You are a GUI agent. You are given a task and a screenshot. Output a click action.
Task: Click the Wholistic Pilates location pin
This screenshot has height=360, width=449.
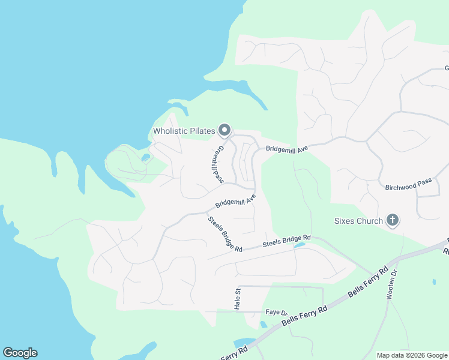pyautogui.click(x=224, y=130)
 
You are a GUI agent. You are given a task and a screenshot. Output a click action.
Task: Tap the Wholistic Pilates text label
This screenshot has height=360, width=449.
pyautogui.click(x=184, y=131)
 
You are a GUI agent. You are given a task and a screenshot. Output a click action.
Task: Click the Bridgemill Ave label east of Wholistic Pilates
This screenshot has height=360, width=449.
pyautogui.click(x=283, y=148)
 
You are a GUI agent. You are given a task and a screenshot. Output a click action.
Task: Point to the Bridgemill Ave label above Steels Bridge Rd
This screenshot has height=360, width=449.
pyautogui.click(x=235, y=200)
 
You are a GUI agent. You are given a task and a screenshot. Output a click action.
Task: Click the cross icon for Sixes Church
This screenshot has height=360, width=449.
pyautogui.click(x=393, y=220)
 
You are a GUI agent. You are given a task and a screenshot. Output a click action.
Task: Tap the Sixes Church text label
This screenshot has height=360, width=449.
pyautogui.click(x=358, y=221)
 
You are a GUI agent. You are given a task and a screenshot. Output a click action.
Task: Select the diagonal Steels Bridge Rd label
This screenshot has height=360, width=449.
pyautogui.click(x=225, y=234)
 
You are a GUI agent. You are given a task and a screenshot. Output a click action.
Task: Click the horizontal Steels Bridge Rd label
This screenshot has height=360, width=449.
pyautogui.click(x=286, y=241)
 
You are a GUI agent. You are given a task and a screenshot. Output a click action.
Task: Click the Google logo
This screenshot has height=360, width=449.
pyautogui.click(x=20, y=353)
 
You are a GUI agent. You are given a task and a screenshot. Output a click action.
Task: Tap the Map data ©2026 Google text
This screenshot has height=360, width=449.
pyautogui.click(x=411, y=355)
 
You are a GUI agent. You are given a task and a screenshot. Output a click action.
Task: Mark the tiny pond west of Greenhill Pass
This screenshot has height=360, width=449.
pyautogui.click(x=146, y=158)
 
